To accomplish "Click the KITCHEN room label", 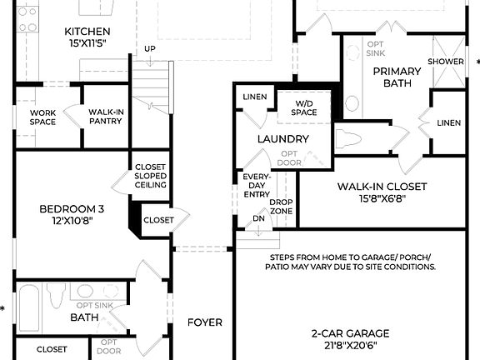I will [x=87, y=32].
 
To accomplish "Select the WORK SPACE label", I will [x=42, y=117].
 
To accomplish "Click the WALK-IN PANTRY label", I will [x=106, y=116].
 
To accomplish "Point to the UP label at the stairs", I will [x=149, y=49].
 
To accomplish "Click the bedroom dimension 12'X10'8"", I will [x=71, y=222].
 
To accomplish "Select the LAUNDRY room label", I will [x=283, y=139].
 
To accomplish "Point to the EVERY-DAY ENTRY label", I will [x=255, y=185].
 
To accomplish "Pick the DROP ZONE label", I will [x=281, y=207].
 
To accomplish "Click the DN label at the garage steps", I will [x=258, y=219].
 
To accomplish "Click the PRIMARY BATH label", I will [x=397, y=77].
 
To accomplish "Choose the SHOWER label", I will [x=446, y=62].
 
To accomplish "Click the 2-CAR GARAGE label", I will [x=350, y=333].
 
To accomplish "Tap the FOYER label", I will [x=204, y=322].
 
